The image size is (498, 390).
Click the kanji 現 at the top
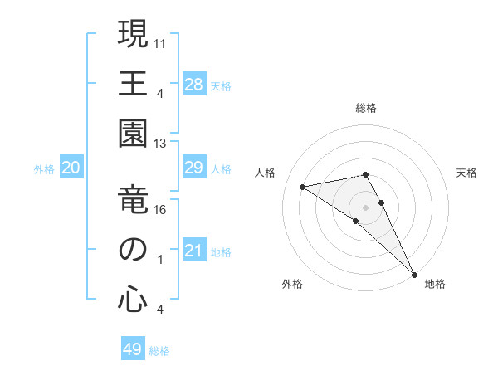click(x=133, y=36)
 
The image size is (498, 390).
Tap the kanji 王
click(x=133, y=83)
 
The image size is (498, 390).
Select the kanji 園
click(x=133, y=132)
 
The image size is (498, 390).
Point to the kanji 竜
click(x=133, y=202)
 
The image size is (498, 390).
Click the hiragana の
click(x=133, y=250)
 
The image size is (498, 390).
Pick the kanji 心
click(x=133, y=299)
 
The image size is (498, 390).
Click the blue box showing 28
click(x=193, y=85)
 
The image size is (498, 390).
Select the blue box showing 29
click(x=193, y=168)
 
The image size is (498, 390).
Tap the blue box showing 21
click(x=193, y=251)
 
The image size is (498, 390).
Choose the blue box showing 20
click(x=71, y=168)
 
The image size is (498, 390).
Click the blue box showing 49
click(x=133, y=349)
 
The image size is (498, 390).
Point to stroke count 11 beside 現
click(x=160, y=41)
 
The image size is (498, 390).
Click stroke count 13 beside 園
click(x=160, y=144)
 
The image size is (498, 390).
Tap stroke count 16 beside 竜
click(x=160, y=210)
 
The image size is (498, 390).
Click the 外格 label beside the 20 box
click(x=44, y=169)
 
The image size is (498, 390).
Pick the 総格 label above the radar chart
click(x=366, y=108)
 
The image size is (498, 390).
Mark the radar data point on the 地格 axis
click(x=413, y=273)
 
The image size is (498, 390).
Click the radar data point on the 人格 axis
click(x=303, y=187)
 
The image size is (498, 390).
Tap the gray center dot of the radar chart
click(x=366, y=206)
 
